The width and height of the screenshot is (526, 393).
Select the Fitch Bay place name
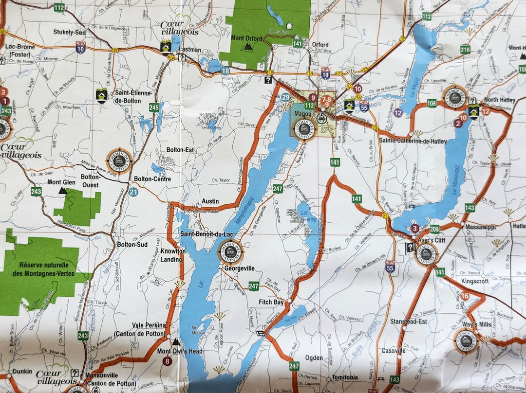tap(271, 302)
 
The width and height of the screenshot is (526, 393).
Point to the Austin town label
tap(210, 201)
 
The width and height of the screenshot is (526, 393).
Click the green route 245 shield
tap(154, 108)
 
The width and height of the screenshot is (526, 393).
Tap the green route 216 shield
tap(465, 49)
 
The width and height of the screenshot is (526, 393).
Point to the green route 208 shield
tap(434, 229)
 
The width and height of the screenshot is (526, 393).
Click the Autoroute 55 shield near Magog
tap(364, 107)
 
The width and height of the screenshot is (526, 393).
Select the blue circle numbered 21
tap(133, 192)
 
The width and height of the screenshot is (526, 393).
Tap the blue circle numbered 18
tap(225, 71)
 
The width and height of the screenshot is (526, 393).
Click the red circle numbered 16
tap(465, 296)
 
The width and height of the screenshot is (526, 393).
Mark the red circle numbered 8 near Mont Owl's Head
tap(168, 361)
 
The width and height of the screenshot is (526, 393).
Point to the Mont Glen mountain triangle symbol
tap(63, 191)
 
